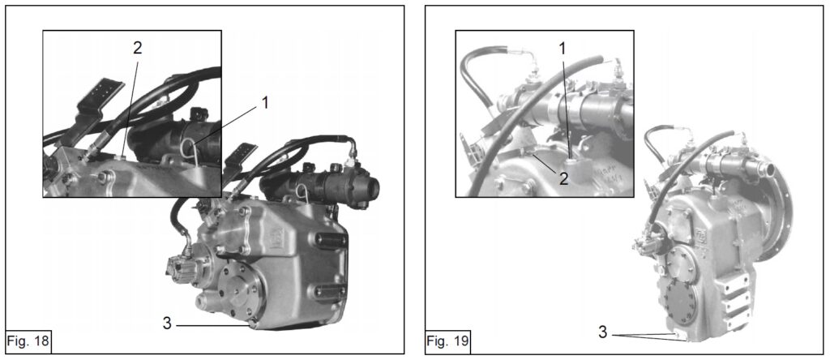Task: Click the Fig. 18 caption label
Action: [x=28, y=341]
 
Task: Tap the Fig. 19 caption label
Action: [x=447, y=341]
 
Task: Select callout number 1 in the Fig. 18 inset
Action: [x=263, y=102]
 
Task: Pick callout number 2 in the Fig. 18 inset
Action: [x=137, y=48]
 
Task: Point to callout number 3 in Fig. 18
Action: [x=167, y=323]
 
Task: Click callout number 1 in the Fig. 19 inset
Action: [x=563, y=49]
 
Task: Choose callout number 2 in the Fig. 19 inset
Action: [x=564, y=178]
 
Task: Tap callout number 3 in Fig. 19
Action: [x=602, y=332]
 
